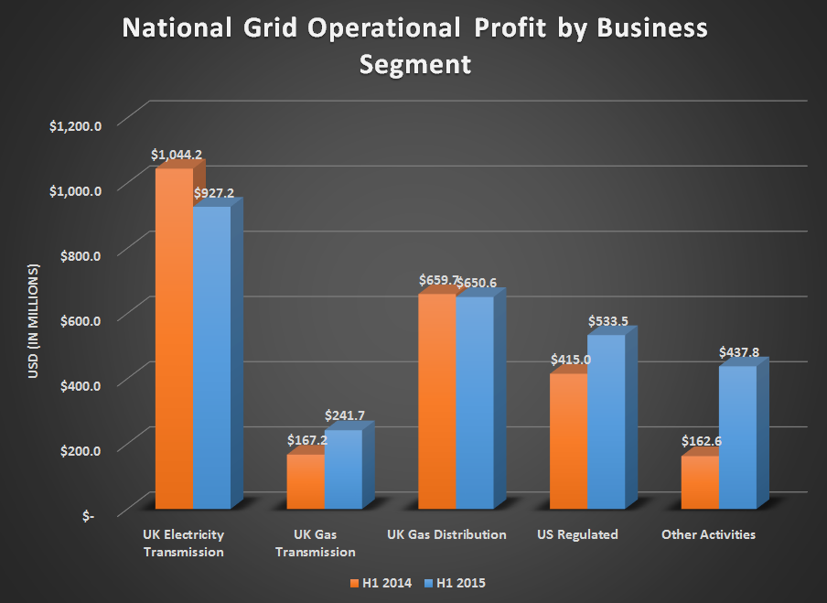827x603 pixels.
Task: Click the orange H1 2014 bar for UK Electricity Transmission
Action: pyautogui.click(x=174, y=339)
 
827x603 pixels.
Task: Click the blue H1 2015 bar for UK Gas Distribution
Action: pyautogui.click(x=475, y=403)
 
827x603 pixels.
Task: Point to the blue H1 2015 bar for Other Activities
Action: pyautogui.click(x=737, y=436)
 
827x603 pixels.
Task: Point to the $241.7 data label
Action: pyautogui.click(x=344, y=415)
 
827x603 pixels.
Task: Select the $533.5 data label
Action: pyautogui.click(x=607, y=321)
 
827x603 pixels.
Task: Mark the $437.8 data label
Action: pyautogui.click(x=739, y=351)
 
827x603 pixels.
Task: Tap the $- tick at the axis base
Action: pyautogui.click(x=88, y=516)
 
